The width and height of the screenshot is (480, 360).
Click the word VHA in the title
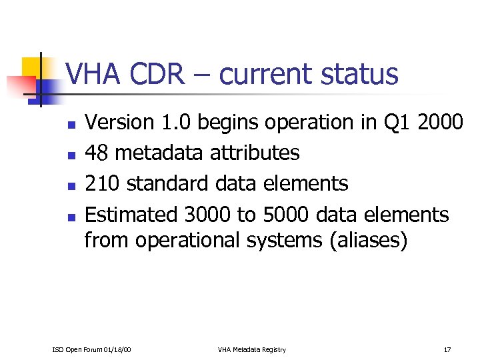click(x=92, y=74)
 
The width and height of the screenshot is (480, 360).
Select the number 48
click(x=98, y=153)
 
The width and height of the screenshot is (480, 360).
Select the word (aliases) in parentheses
click(x=368, y=240)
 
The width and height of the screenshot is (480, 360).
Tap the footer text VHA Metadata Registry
click(x=251, y=349)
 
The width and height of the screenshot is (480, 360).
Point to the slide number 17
click(x=447, y=349)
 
